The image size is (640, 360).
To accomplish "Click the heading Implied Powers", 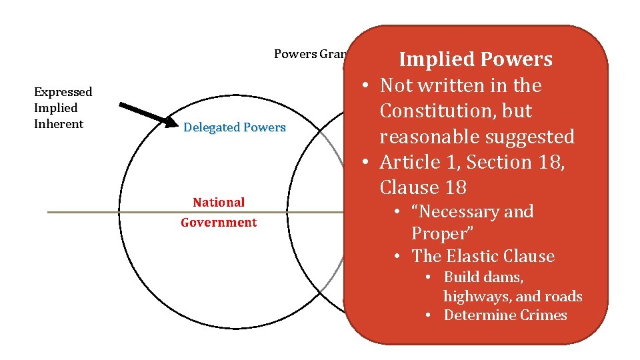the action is tap(475, 59).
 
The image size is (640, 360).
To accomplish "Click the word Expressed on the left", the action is tap(63, 92).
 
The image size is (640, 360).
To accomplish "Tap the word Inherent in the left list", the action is tap(59, 124).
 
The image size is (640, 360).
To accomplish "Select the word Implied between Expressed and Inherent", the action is tap(55, 108).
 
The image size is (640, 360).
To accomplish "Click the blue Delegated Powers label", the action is tap(234, 127).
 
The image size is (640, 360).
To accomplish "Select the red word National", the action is tap(219, 202).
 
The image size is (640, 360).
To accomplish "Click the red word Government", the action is tap(219, 223).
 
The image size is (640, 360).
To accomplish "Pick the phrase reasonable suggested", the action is tap(477, 137).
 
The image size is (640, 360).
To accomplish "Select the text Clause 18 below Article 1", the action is tap(423, 187).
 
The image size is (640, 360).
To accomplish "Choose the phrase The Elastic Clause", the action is tap(483, 256).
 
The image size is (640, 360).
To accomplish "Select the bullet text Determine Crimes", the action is tap(505, 315).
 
